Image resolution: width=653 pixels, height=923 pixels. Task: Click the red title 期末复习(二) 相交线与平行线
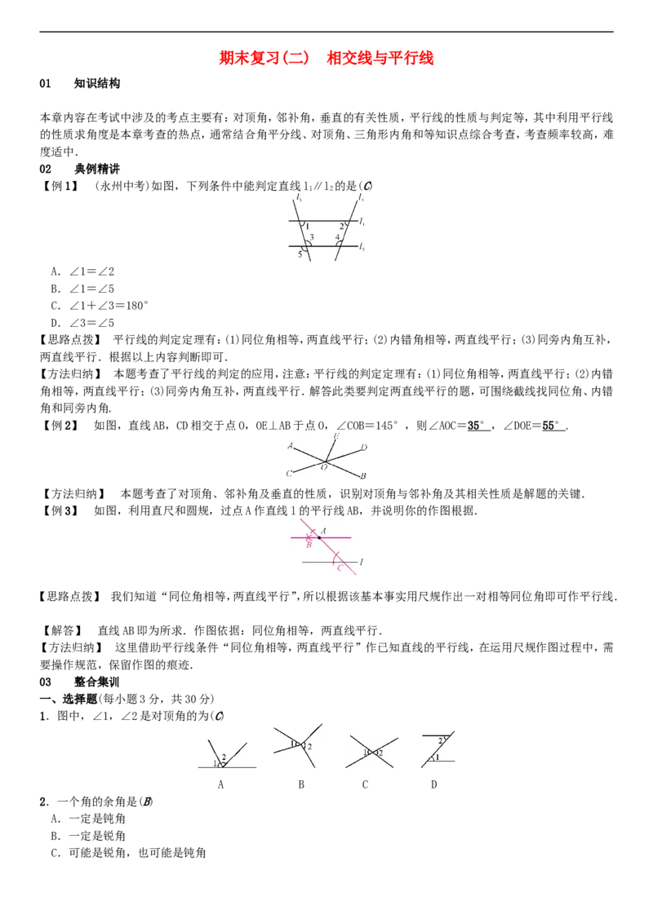tap(326, 58)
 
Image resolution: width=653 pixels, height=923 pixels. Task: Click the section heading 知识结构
tap(97, 84)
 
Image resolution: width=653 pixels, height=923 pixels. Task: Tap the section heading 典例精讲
tap(97, 169)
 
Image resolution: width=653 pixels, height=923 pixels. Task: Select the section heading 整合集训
tap(97, 682)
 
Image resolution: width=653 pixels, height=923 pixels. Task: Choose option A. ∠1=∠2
tap(82, 272)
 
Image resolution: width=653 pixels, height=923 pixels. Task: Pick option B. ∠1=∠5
tap(82, 289)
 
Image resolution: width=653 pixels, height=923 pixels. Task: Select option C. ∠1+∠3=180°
tap(100, 306)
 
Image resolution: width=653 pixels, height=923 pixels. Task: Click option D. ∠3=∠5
tap(82, 323)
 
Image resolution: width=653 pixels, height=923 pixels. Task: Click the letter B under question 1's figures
tap(301, 784)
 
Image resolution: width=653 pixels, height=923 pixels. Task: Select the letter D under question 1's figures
tap(434, 784)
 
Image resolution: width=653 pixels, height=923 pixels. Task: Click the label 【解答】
tap(60, 630)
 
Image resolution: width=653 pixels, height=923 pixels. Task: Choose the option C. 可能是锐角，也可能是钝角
tap(128, 852)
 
